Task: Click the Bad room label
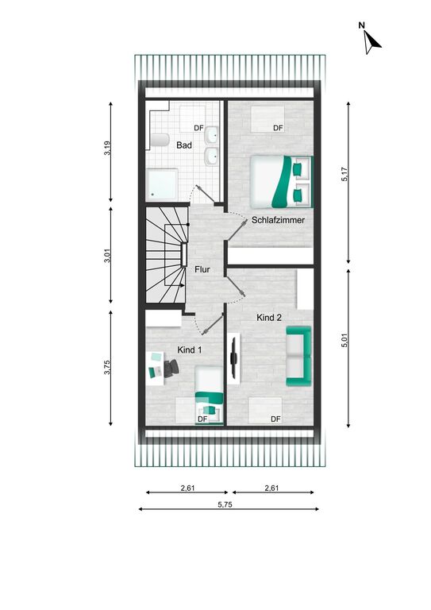pyautogui.click(x=184, y=145)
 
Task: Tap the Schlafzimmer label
pyautogui.click(x=278, y=220)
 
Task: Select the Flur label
pyautogui.click(x=202, y=269)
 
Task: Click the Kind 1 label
pyautogui.click(x=189, y=349)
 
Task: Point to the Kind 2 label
pyautogui.click(x=269, y=318)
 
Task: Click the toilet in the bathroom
pyautogui.click(x=160, y=140)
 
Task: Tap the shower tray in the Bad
pyautogui.click(x=162, y=184)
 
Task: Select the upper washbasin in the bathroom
pyautogui.click(x=212, y=135)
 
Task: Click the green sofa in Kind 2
pyautogui.click(x=298, y=356)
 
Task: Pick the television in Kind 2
pyautogui.click(x=233, y=357)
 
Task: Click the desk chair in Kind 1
pyautogui.click(x=171, y=368)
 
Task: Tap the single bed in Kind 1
pyautogui.click(x=209, y=395)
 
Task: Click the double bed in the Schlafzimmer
pyautogui.click(x=281, y=182)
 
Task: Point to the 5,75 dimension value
pyautogui.click(x=225, y=504)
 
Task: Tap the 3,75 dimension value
pyautogui.click(x=108, y=367)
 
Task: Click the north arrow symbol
pyautogui.click(x=371, y=41)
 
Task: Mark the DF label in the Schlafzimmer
pyautogui.click(x=278, y=128)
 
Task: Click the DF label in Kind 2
pyautogui.click(x=275, y=419)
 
